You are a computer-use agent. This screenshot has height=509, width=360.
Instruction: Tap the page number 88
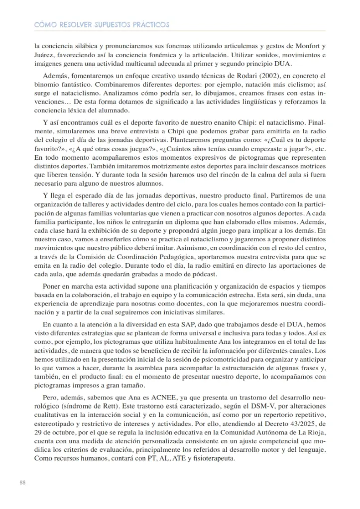click(22, 482)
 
